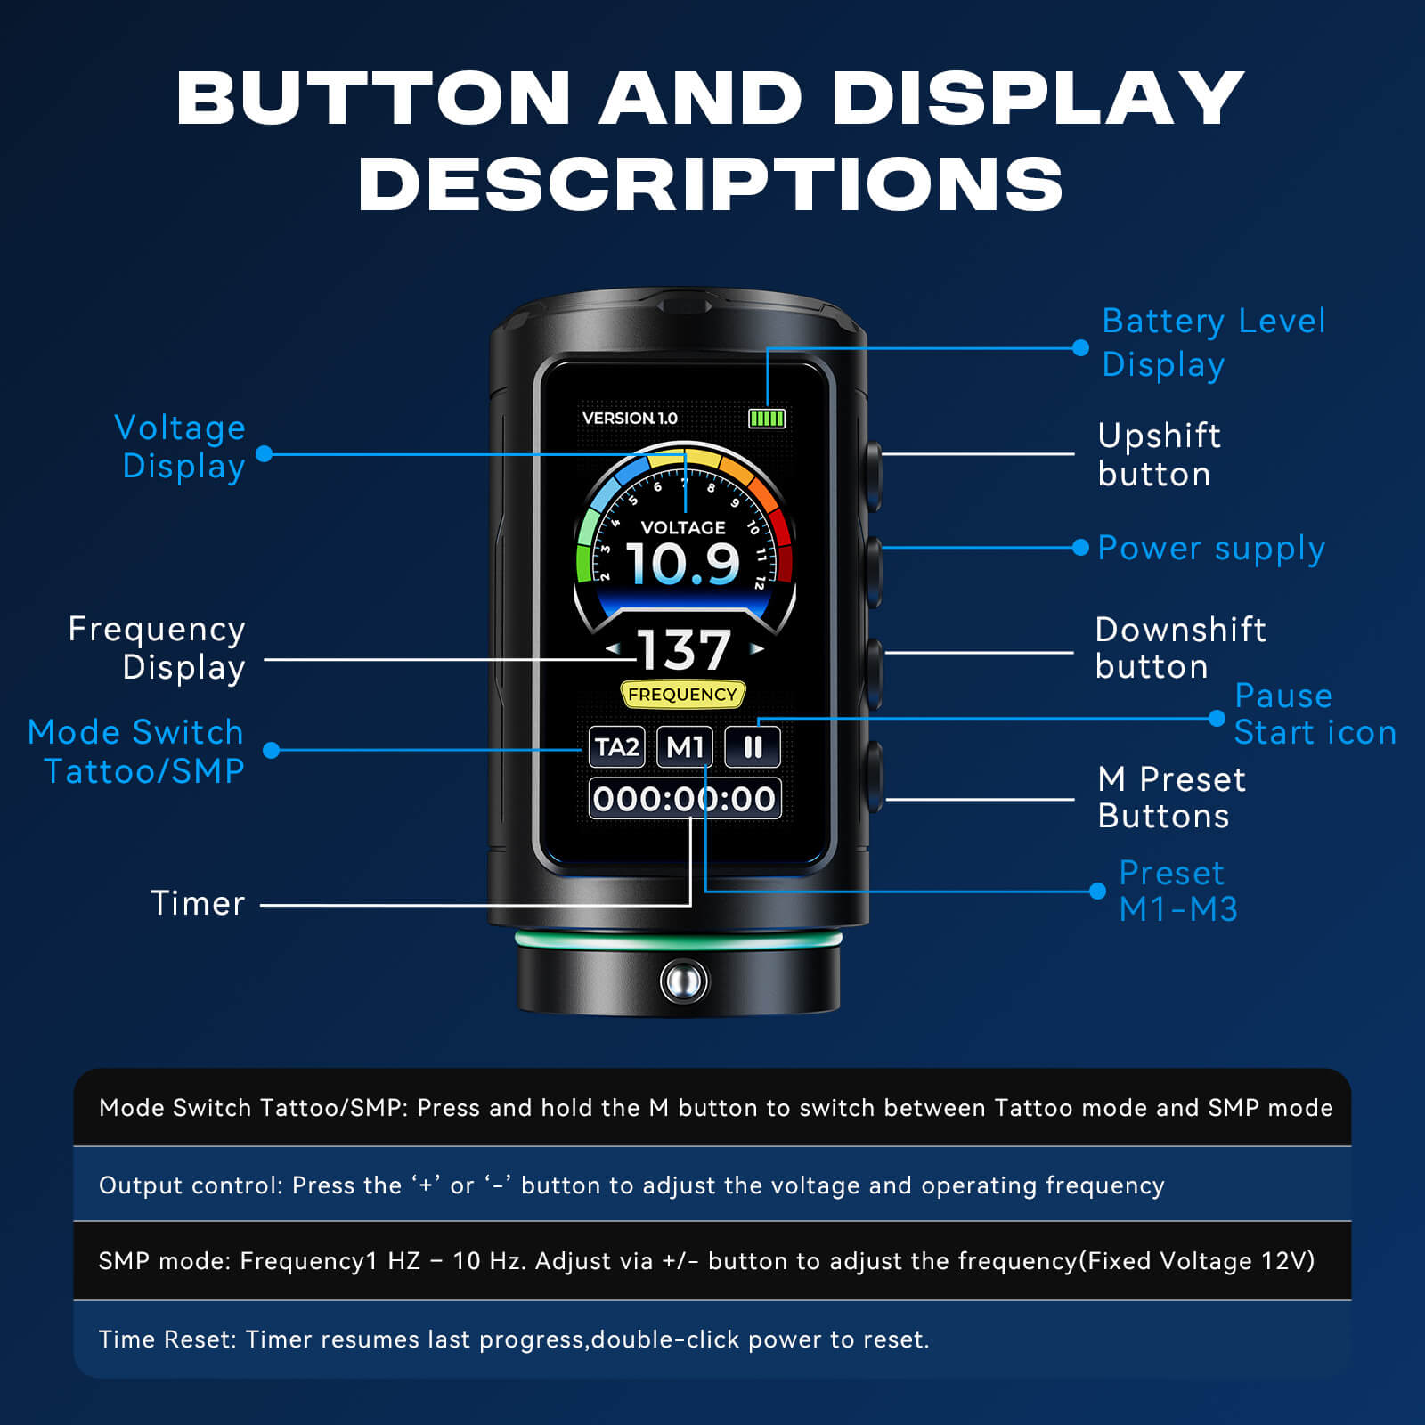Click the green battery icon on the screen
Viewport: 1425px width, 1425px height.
click(767, 418)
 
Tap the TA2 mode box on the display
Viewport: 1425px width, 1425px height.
click(616, 746)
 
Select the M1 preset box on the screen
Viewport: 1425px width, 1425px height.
click(685, 746)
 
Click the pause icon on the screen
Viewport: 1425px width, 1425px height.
click(753, 746)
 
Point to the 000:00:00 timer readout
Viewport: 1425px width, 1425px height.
click(685, 798)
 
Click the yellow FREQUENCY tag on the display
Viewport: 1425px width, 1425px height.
click(682, 695)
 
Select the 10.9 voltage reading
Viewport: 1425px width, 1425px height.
click(683, 563)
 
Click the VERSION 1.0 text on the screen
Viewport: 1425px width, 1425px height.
click(630, 418)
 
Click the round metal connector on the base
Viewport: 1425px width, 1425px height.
click(684, 981)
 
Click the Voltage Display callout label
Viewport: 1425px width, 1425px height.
click(181, 447)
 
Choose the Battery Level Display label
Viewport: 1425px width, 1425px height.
click(1214, 343)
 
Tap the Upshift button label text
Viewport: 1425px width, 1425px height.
click(1160, 454)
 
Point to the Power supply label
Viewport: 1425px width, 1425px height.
click(1211, 549)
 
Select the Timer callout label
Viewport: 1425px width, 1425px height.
click(197, 903)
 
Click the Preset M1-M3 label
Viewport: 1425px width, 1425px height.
click(1177, 891)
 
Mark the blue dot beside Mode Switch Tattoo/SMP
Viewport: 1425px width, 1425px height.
click(272, 750)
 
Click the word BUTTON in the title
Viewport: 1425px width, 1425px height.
click(373, 97)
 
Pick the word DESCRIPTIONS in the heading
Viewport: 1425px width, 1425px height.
click(711, 183)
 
